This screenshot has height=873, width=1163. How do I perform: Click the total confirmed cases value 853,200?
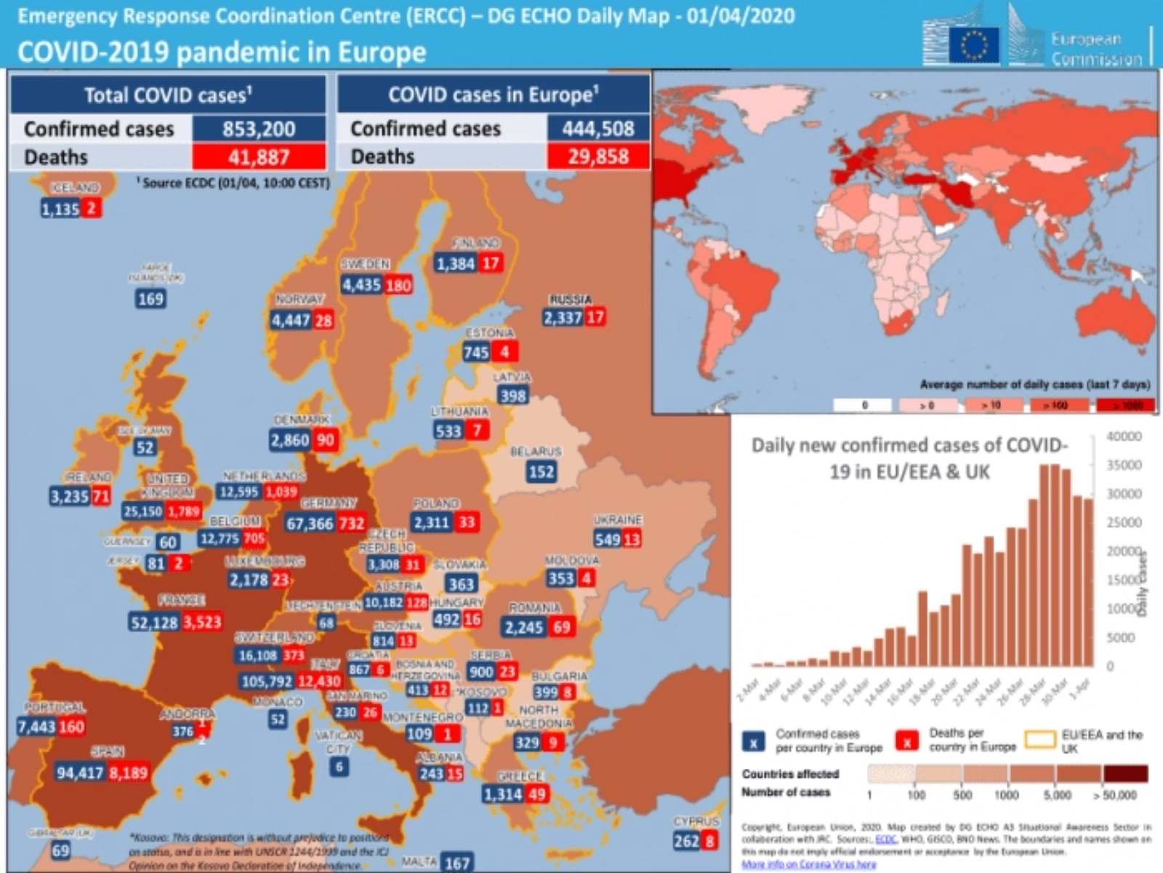259,129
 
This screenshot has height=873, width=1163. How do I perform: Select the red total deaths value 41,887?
259,156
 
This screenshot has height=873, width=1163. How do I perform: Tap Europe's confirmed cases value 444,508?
597,129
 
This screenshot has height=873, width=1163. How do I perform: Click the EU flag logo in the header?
974,44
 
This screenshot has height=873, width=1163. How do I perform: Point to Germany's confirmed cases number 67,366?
310,524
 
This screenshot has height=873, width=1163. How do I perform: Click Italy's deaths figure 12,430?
319,681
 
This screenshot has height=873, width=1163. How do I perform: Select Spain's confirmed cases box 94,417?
80,773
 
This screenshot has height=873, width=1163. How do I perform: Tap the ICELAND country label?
75,187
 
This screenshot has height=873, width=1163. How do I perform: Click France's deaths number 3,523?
202,622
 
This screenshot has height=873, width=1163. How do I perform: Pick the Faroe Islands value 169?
150,299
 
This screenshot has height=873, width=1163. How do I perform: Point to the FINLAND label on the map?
476,243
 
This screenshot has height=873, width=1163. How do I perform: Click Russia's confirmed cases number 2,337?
563,318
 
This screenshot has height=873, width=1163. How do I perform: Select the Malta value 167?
457,864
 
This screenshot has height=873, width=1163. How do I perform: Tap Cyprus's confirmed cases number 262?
686,841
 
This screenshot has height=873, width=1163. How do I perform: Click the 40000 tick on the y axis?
1124,436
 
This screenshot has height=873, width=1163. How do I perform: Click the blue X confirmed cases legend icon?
754,741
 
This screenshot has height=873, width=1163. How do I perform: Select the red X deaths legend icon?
906,741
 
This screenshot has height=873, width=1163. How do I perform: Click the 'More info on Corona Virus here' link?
808,864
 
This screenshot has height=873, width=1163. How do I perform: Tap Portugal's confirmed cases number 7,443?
36,726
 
